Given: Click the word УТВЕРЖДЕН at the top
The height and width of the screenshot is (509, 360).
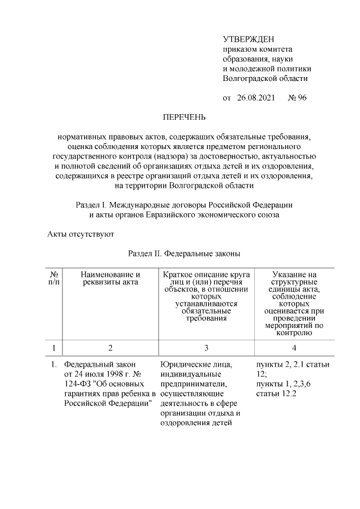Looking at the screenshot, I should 248,39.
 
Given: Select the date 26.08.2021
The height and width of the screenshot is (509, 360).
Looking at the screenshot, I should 256,98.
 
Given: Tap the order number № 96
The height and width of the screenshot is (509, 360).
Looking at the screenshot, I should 297,98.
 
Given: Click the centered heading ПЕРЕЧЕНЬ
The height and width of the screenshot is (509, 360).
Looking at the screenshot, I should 184,118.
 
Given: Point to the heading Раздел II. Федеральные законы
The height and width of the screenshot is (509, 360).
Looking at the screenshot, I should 184,254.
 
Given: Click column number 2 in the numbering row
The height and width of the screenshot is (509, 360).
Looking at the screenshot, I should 110,348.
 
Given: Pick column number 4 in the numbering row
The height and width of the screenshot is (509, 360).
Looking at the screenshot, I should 294,348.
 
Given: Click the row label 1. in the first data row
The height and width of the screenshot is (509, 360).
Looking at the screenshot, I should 54,364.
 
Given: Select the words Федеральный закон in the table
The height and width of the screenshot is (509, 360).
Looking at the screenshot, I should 100,364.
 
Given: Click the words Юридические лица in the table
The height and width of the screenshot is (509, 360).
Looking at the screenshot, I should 195,364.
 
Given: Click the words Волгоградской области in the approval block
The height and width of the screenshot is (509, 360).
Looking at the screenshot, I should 265,79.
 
